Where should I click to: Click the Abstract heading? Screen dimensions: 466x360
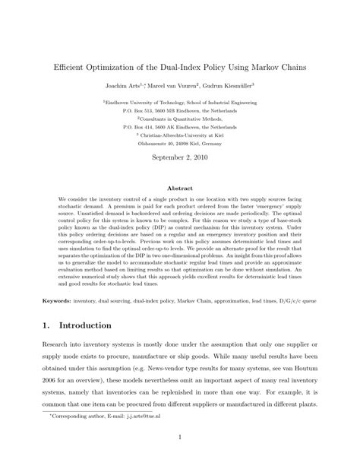click(x=180, y=187)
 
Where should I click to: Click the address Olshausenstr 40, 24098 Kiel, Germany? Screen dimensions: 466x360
click(x=180, y=141)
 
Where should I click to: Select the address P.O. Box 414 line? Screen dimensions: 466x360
click(x=180, y=126)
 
